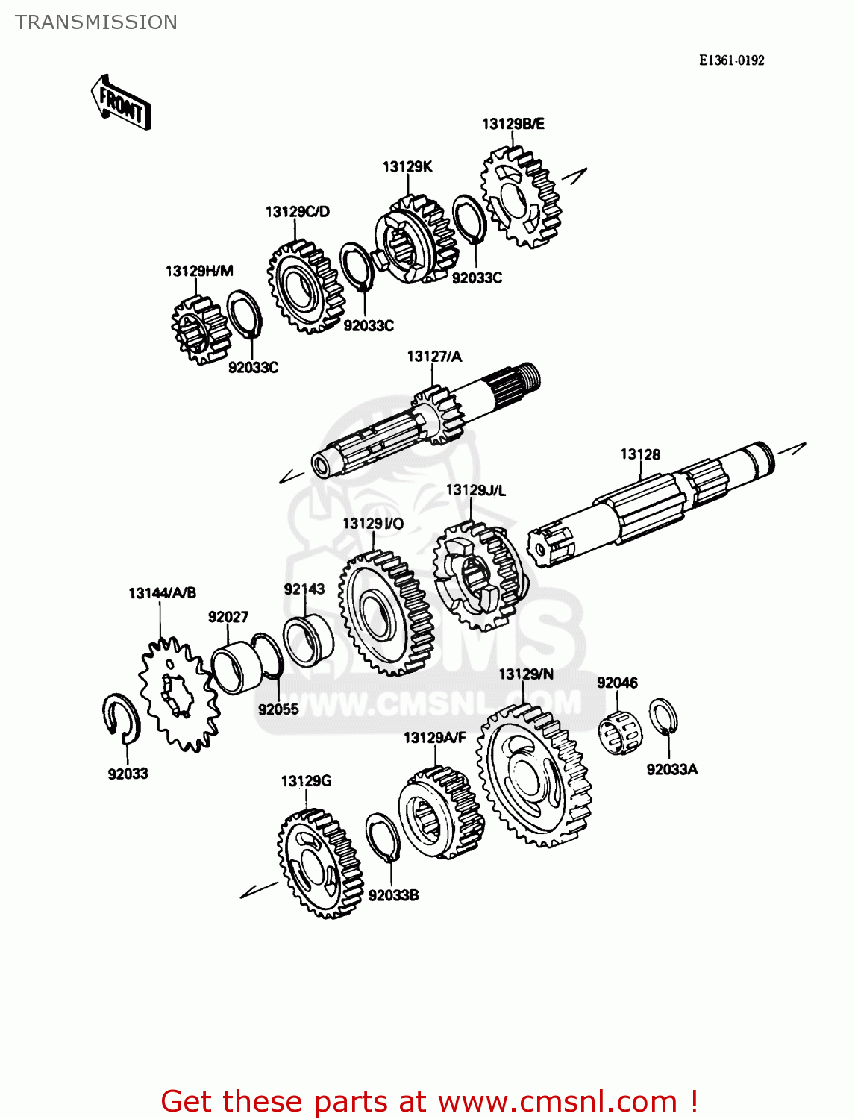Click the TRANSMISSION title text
click(96, 22)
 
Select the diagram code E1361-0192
click(731, 60)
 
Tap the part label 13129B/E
click(513, 124)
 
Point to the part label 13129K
click(407, 166)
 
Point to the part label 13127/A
click(434, 357)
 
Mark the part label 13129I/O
click(373, 524)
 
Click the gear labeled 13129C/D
click(304, 286)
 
